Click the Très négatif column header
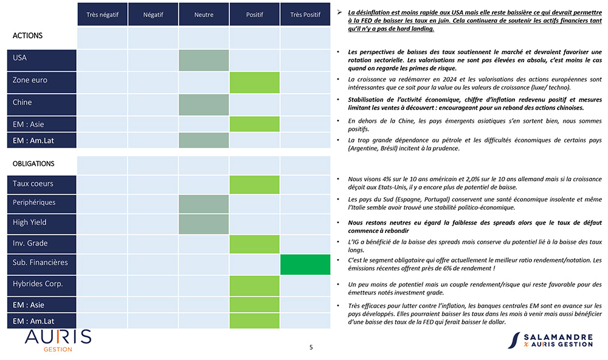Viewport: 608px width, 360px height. pos(102,15)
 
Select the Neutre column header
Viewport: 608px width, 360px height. pos(204,15)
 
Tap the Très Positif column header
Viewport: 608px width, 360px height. pos(305,15)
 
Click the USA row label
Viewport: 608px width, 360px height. pos(41,60)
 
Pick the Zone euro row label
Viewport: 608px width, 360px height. pos(41,82)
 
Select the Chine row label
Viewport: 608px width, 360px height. pos(41,105)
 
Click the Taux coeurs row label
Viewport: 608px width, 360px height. pos(41,184)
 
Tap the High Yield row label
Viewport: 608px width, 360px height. pos(41,224)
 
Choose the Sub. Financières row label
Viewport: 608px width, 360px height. pos(41,264)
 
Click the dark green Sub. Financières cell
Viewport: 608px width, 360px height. pos(305,264)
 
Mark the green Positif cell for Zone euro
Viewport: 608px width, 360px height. pos(254,82)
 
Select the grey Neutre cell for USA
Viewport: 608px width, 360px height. pos(204,60)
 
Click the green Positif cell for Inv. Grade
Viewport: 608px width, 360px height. pos(254,244)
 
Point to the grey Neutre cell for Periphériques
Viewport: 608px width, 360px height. pos(204,204)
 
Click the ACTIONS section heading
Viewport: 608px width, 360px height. pos(27,36)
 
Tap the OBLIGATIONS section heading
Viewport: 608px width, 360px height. pos(33,164)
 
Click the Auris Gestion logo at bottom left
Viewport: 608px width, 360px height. pos(58,340)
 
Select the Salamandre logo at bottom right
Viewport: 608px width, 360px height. pos(550,340)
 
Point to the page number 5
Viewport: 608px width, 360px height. pos(311,347)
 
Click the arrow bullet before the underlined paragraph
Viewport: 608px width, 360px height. pos(339,12)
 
